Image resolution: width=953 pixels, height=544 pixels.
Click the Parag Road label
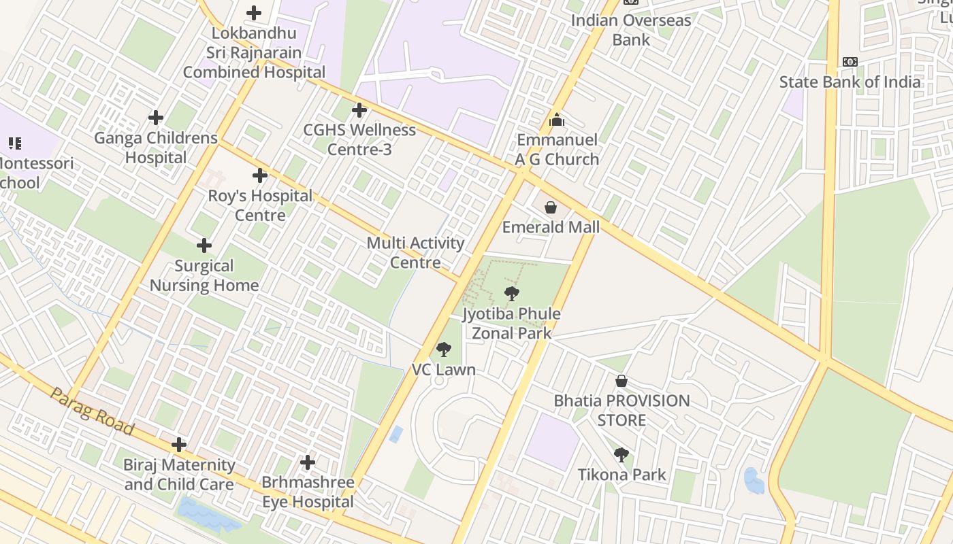coord(92,411)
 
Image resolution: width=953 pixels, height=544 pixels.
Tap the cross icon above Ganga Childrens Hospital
coord(156,118)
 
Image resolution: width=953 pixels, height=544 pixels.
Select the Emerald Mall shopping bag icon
coord(550,207)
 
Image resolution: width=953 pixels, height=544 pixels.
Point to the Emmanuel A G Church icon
coord(557,120)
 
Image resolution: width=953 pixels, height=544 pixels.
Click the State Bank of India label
coord(850,82)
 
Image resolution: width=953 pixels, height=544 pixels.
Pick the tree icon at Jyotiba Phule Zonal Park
coord(511,294)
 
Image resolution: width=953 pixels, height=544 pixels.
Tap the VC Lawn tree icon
coord(443,350)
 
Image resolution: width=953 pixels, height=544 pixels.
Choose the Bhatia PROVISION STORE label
coord(621,410)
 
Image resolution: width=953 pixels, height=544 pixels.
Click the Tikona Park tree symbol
coord(621,455)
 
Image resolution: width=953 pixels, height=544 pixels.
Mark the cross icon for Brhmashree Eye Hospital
coord(308,462)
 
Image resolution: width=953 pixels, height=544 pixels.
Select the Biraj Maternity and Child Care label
coord(179,475)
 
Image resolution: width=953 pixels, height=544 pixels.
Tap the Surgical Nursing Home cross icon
coord(204,245)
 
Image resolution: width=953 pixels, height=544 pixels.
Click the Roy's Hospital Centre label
coord(260,205)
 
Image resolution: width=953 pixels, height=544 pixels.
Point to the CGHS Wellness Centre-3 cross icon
coord(359,109)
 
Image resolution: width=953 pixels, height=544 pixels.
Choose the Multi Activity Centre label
coord(415,252)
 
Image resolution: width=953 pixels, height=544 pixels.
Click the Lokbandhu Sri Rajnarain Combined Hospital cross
coord(254,13)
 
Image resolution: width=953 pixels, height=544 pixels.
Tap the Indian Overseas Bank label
coord(631,30)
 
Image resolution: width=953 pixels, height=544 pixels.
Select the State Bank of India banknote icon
coord(850,62)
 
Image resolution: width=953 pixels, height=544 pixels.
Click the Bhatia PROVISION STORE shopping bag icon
coord(621,381)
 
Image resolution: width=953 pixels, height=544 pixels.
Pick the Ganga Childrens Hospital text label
coord(156,148)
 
